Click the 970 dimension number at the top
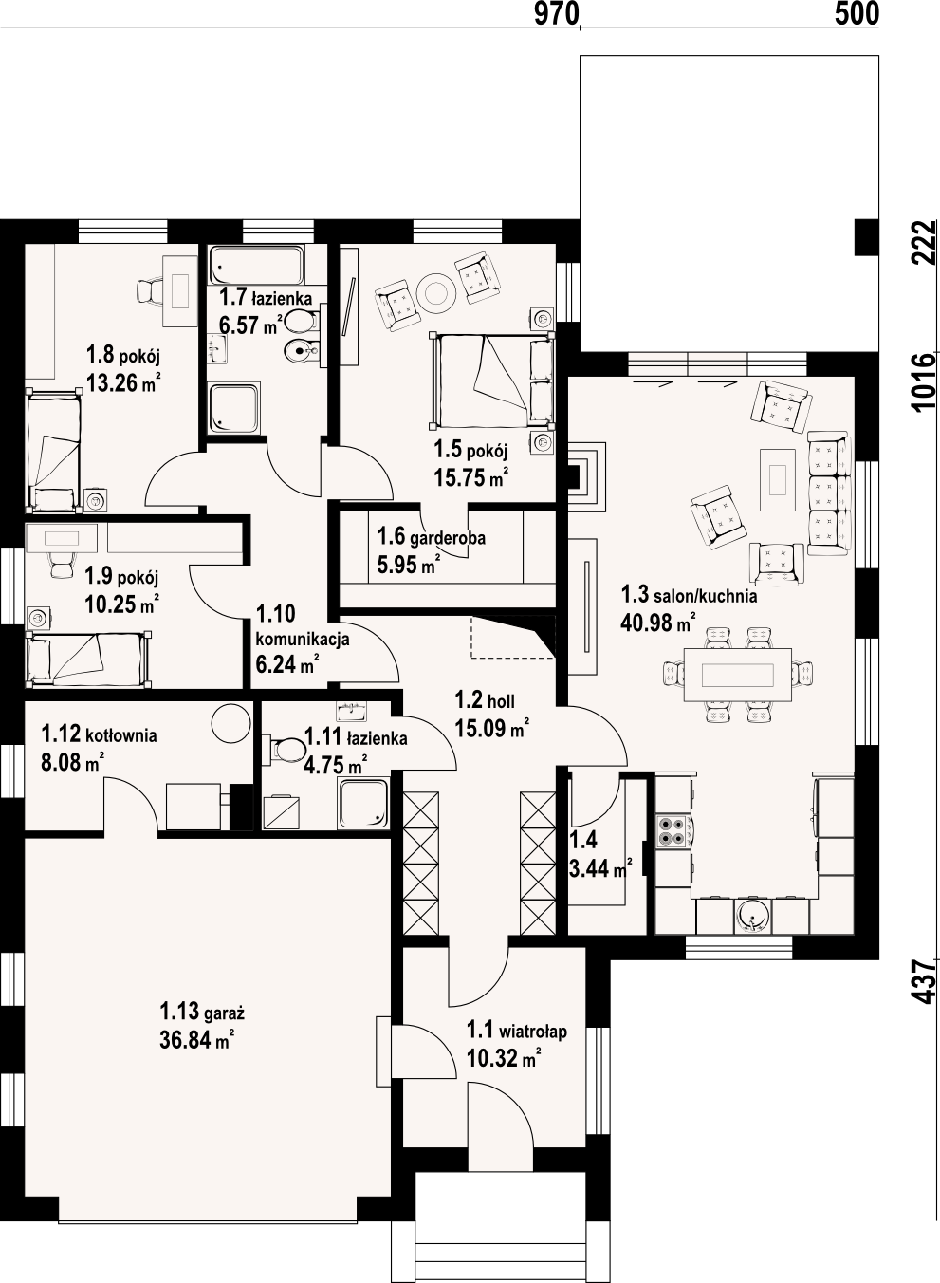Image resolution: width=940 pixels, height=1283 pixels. click(557, 13)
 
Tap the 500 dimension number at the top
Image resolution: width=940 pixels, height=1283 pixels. click(857, 13)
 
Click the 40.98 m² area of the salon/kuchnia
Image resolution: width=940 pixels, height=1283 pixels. click(658, 622)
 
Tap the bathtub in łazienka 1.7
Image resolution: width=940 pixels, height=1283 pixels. click(256, 265)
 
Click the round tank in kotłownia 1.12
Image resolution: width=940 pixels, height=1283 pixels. click(231, 724)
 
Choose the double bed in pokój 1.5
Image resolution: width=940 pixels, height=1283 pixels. click(491, 381)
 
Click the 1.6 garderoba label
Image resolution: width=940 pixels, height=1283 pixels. click(431, 537)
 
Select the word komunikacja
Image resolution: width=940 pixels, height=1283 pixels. click(303, 639)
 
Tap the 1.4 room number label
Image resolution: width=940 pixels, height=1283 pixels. click(583, 840)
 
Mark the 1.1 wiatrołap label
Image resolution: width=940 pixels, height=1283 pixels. click(517, 1031)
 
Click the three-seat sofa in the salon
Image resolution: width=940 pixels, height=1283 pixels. click(829, 493)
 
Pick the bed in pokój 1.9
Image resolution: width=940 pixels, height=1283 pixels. click(89, 660)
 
